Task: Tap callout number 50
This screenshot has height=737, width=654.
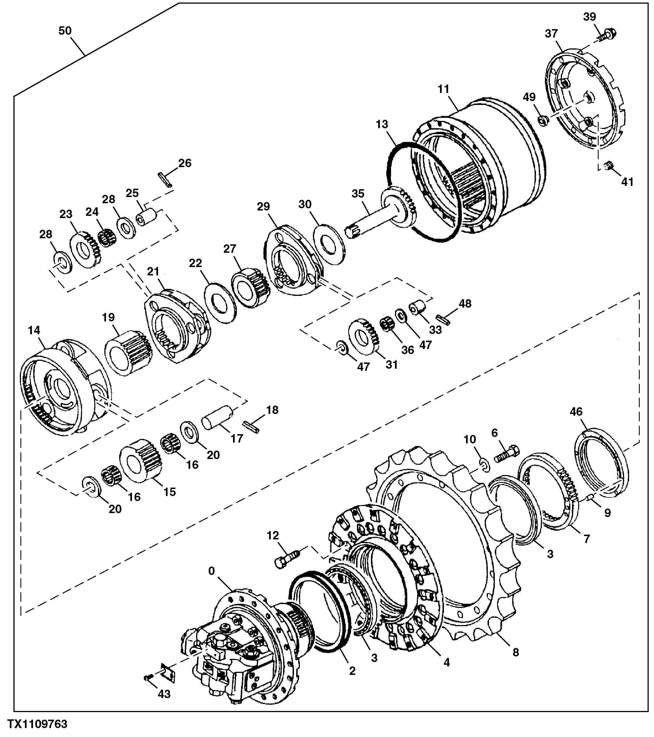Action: pyautogui.click(x=65, y=31)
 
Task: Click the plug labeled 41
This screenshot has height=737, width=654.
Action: pyautogui.click(x=609, y=166)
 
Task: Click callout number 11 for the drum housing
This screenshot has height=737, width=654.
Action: pyautogui.click(x=444, y=89)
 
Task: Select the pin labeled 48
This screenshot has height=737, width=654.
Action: pyautogui.click(x=443, y=319)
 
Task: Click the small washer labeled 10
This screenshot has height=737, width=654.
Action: pyautogui.click(x=485, y=465)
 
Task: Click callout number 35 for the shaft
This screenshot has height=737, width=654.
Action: pyautogui.click(x=358, y=194)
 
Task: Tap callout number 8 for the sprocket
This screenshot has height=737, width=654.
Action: pyautogui.click(x=516, y=652)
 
